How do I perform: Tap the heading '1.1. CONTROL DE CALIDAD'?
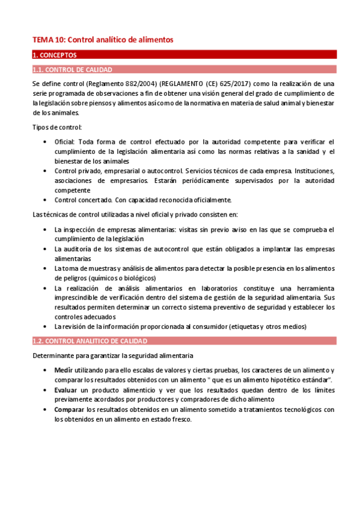coord(72,70)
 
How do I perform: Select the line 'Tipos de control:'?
coord(57,127)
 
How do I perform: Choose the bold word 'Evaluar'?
coord(66,390)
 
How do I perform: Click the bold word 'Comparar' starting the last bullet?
coord(69,410)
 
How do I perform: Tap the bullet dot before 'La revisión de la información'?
coord(46,327)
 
